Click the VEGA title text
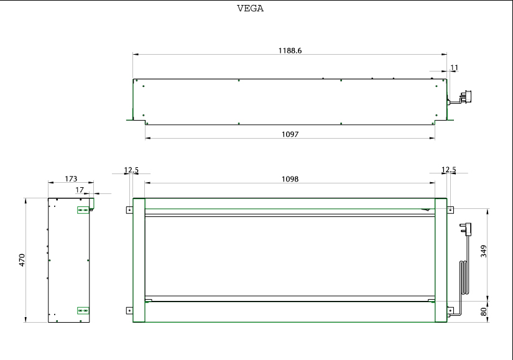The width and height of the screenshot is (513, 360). coord(251,9)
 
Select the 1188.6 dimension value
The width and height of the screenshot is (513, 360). coord(290,51)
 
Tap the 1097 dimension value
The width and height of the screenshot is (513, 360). coord(290,134)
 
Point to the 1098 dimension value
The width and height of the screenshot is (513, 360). coord(290,179)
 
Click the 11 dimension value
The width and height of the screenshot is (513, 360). coord(455,68)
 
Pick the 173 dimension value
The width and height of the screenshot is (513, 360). coord(71,178)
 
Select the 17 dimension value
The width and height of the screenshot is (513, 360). coord(80,190)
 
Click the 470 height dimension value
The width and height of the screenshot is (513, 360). coord(22,260)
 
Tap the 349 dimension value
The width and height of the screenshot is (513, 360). coord(484,251)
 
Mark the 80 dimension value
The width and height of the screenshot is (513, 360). coord(484,312)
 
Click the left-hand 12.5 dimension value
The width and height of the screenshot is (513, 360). coord(131,170)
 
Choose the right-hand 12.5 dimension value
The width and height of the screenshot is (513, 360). coord(448,170)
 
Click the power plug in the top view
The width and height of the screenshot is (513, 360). coord(465,98)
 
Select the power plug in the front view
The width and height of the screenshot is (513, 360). coord(466,229)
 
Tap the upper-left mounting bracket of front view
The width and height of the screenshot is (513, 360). coord(129,210)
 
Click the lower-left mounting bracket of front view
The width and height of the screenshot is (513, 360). coord(129,311)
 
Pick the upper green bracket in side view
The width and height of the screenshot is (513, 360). coord(83,210)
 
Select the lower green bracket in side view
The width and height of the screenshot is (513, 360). coord(83,311)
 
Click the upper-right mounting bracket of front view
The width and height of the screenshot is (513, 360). coord(450,210)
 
